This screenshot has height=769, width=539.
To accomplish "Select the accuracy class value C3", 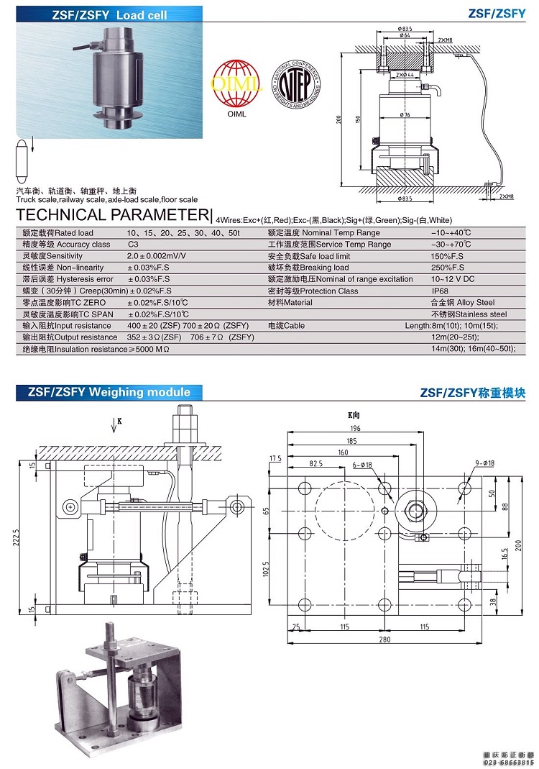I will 133,245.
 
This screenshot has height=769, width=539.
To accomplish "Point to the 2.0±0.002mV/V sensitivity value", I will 156,256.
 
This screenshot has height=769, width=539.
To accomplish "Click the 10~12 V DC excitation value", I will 453,279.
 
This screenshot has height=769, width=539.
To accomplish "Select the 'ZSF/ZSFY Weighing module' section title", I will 109,392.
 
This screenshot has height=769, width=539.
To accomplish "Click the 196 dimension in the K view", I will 354,428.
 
